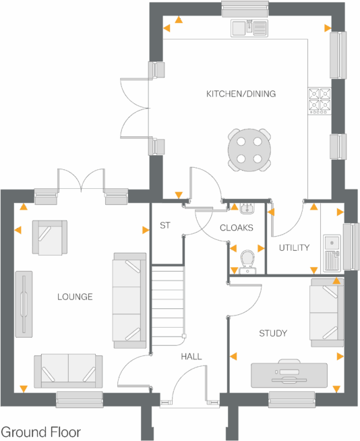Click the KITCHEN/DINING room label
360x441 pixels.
click(x=241, y=94)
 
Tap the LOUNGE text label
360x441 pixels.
click(x=75, y=297)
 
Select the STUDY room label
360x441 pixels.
click(x=273, y=333)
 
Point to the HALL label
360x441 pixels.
click(x=191, y=357)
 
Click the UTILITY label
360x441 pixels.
click(x=294, y=247)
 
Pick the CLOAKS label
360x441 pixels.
click(x=237, y=228)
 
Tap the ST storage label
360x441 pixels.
click(x=164, y=226)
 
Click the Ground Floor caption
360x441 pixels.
click(x=41, y=432)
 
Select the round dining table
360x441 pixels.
click(x=249, y=150)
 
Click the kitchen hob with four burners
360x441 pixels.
click(x=319, y=100)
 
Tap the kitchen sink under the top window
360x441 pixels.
click(x=250, y=28)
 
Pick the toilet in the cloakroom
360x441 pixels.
click(x=247, y=260)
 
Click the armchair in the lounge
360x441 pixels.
click(x=49, y=238)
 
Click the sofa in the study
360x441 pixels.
click(x=326, y=312)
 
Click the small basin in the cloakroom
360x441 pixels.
click(x=246, y=208)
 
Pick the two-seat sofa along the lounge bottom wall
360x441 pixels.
click(x=69, y=371)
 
